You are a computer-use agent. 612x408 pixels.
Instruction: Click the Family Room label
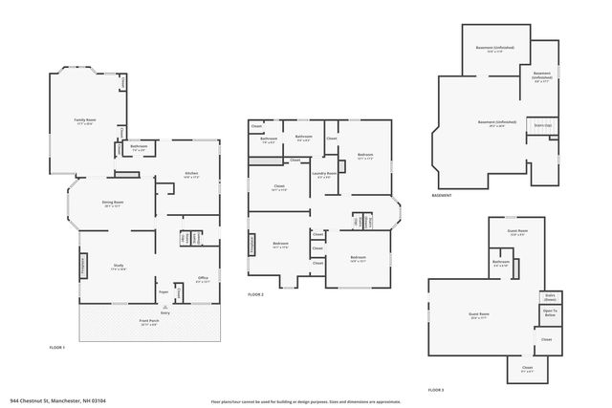tap(84, 121)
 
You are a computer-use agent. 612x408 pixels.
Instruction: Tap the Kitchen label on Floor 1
tap(190, 174)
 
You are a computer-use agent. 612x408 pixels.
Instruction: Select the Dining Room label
tap(113, 204)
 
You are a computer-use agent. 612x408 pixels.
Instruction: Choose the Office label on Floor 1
tap(202, 278)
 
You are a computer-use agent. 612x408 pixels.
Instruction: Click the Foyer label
tap(164, 292)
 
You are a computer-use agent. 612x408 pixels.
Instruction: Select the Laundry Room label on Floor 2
tap(324, 174)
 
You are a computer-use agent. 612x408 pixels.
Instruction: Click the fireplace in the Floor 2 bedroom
tap(252, 246)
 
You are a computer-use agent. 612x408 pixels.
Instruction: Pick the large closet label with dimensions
tap(279, 188)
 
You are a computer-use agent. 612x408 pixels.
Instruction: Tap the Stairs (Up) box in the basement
tap(542, 125)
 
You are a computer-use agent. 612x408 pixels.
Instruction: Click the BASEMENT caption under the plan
tap(442, 195)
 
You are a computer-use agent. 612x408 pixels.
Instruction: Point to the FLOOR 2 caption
tap(255, 293)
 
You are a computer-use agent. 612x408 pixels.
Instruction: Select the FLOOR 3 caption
tap(436, 390)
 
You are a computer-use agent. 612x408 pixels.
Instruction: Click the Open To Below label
tap(550, 312)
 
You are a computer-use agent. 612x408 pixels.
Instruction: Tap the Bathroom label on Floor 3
tap(501, 263)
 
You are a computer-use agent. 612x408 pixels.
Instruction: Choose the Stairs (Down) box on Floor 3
tap(550, 297)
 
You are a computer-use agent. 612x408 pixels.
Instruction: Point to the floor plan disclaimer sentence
tap(305, 401)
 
